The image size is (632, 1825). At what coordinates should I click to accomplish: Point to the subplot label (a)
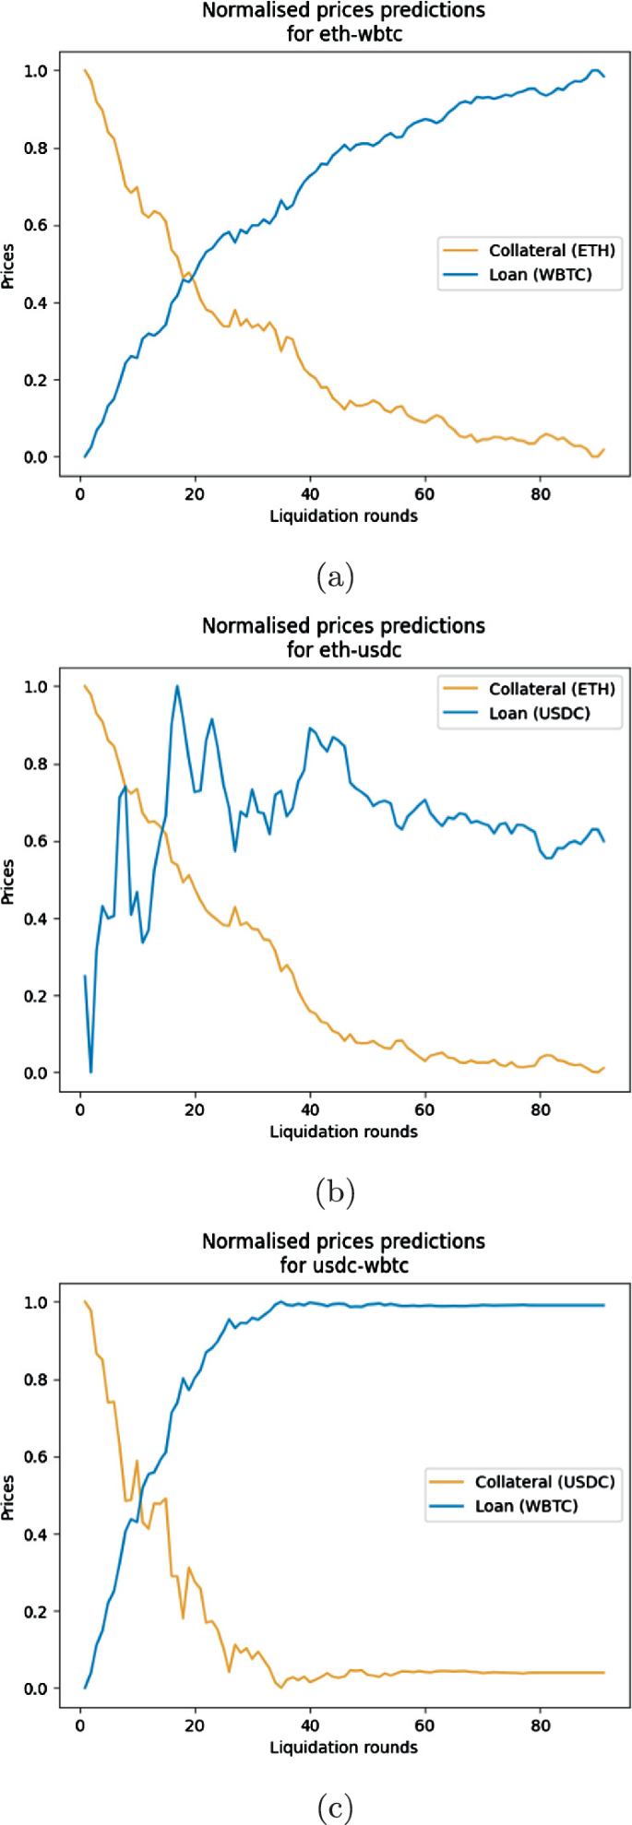tap(334, 578)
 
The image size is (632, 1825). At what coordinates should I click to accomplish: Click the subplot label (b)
tap(334, 1193)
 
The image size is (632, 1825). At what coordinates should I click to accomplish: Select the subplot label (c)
tap(334, 1808)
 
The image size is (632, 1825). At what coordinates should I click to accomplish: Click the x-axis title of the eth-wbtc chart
tap(343, 516)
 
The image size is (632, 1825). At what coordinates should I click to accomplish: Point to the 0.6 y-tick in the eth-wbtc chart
tap(42, 226)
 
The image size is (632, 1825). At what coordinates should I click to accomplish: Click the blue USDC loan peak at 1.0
tap(176, 686)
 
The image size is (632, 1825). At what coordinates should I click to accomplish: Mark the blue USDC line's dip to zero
tap(90, 1072)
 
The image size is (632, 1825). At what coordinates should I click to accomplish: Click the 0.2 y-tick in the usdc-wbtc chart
tap(42, 1612)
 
